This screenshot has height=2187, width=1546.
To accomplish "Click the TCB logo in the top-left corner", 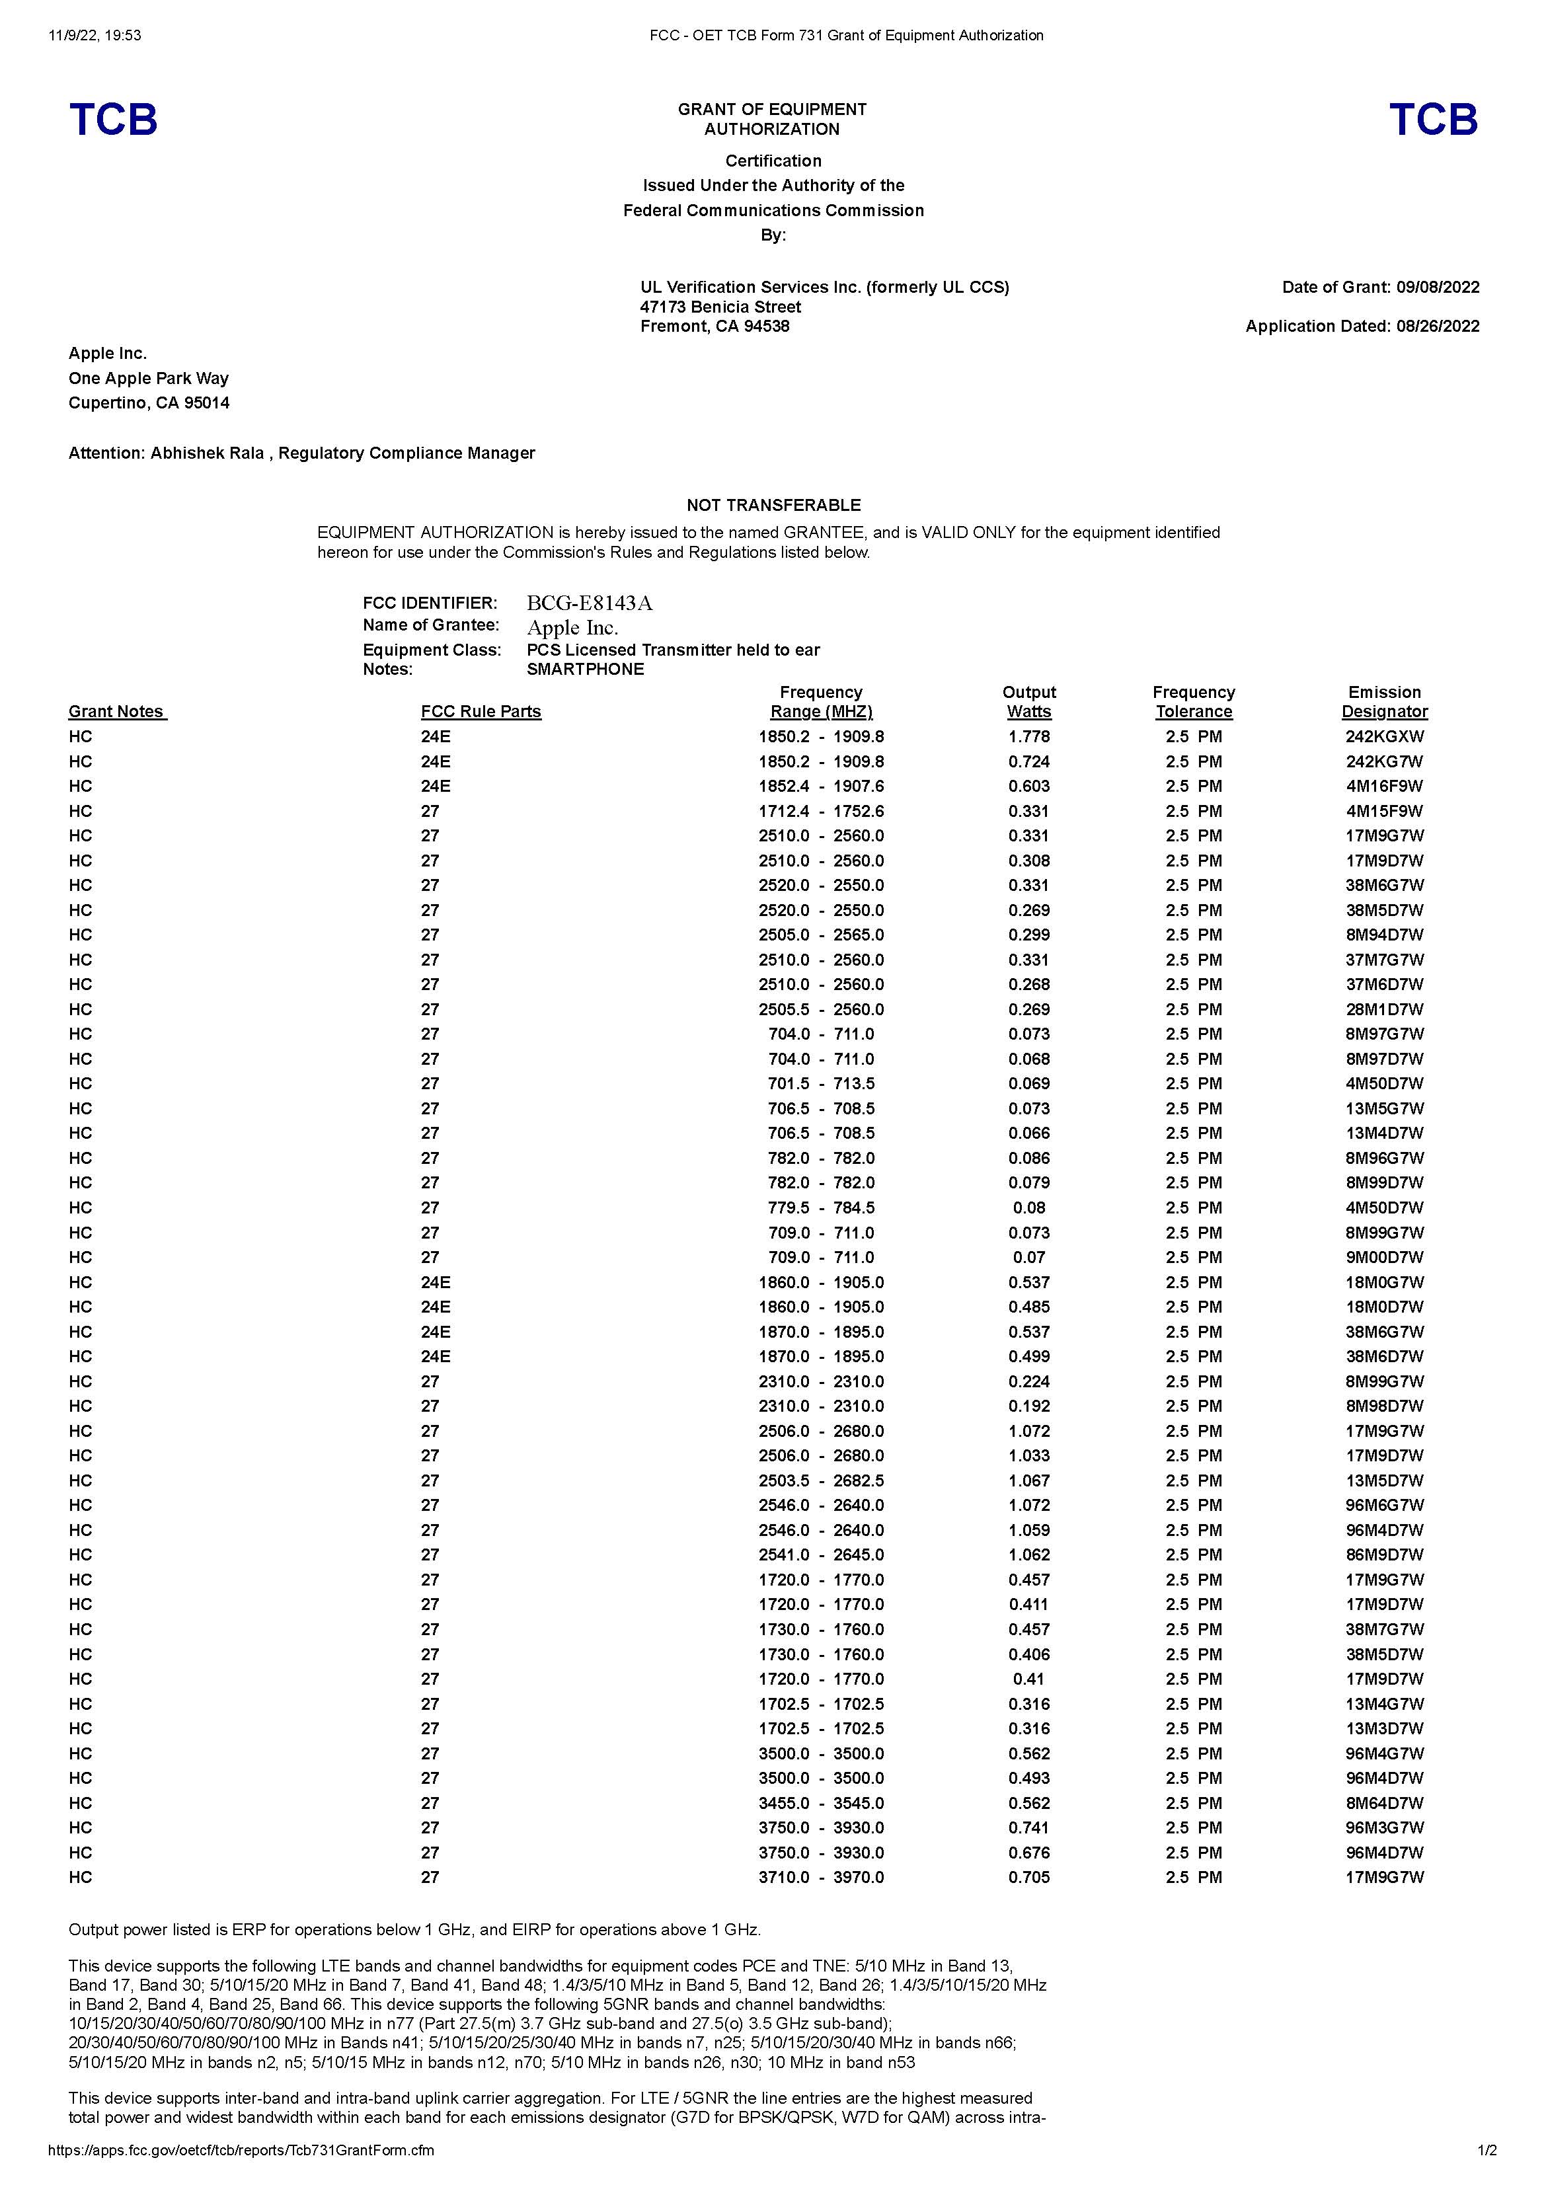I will [112, 119].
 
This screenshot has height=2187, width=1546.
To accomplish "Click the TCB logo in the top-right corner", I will [1433, 119].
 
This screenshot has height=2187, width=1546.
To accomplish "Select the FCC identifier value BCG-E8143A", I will [590, 603].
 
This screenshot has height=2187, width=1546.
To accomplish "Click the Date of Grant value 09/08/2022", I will [1438, 287].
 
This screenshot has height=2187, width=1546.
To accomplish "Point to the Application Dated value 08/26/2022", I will [1438, 326].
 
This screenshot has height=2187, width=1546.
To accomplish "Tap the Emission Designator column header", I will [1384, 702].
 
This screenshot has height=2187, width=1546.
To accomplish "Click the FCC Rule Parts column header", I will [481, 712].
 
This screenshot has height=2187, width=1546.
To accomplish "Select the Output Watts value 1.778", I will [1028, 736].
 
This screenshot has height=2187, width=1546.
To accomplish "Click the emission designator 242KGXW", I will [1384, 736].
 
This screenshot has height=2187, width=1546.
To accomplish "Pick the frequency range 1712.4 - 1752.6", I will [821, 810].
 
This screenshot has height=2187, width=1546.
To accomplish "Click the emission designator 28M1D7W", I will [1384, 1009].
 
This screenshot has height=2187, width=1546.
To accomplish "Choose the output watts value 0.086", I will [1028, 1159].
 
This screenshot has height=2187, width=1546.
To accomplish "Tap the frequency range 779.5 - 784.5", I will [821, 1208].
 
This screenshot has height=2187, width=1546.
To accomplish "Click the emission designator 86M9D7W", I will [1384, 1554].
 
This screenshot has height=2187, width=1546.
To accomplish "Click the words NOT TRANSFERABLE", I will [773, 505].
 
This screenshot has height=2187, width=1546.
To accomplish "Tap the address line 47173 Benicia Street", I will [720, 307].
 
